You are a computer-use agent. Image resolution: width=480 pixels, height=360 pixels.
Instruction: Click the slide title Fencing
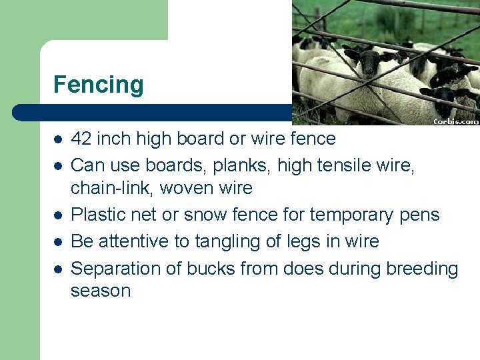98,85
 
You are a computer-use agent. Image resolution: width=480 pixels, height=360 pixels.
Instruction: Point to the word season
101,291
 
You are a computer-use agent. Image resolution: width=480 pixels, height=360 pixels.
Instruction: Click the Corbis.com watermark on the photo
456,121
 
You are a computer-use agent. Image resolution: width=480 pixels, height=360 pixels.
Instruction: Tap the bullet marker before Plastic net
58,215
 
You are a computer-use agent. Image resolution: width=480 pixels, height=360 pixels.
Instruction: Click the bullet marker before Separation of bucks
58,269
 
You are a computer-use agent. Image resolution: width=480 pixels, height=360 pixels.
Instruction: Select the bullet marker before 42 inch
58,139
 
